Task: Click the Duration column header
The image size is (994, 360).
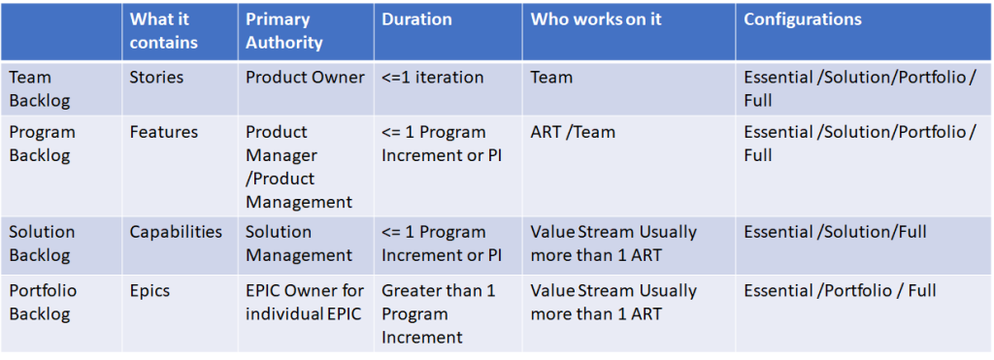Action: tap(416, 19)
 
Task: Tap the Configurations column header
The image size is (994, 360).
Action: tap(803, 19)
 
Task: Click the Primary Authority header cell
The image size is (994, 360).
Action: tap(283, 31)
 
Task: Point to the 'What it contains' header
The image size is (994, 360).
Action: tap(163, 31)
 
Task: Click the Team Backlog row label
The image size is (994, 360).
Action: tap(40, 88)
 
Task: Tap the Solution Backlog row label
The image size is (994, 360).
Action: tap(42, 244)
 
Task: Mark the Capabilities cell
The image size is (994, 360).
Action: tap(176, 232)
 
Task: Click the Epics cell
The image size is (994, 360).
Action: tap(150, 290)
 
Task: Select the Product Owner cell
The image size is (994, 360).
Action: tap(305, 78)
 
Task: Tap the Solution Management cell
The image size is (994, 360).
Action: tap(299, 244)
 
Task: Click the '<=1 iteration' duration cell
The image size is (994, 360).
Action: tap(432, 78)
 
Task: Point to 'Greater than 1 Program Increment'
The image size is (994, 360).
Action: tap(438, 313)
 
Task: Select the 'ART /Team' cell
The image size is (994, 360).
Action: tap(573, 132)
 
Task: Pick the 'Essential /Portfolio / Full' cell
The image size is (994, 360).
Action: tap(840, 290)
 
